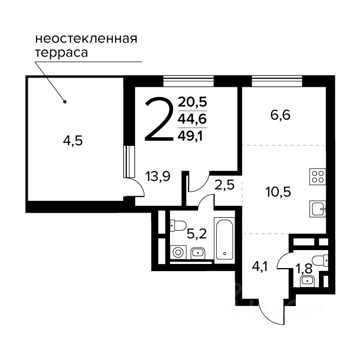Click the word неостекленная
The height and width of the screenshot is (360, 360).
(86, 39)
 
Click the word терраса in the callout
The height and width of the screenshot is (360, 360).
(62, 53)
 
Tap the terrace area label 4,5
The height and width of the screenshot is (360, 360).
(73, 141)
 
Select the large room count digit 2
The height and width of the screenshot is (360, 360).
(159, 119)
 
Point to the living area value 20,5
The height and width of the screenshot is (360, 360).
(193, 102)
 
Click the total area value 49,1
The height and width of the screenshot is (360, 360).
(191, 137)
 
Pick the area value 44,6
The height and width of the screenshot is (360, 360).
(193, 119)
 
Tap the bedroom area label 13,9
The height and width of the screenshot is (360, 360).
(158, 177)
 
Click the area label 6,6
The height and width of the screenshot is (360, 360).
(280, 115)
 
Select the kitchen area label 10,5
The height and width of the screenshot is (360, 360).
(278, 192)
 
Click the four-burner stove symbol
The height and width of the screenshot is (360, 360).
(317, 177)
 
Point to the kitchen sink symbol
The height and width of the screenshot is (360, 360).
(317, 209)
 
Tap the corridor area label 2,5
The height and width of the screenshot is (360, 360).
(224, 185)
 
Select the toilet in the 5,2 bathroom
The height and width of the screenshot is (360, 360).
(178, 225)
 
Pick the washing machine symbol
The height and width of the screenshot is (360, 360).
(178, 252)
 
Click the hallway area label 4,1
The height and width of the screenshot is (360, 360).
(260, 267)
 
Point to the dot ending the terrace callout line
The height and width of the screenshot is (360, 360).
(65, 102)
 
